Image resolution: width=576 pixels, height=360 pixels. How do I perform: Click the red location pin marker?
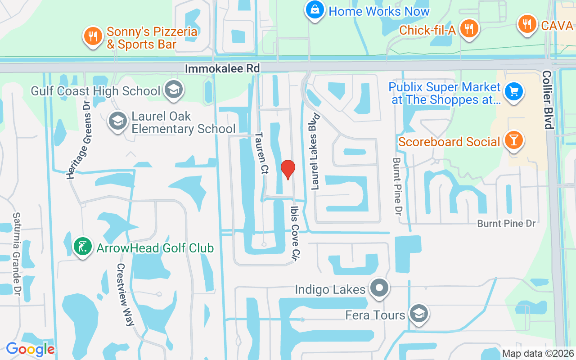click(288, 170)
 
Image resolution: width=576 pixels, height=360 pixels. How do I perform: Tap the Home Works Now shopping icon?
click(315, 10)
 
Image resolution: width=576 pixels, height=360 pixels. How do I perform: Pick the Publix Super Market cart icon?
click(513, 92)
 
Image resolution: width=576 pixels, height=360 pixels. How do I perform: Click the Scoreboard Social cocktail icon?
click(513, 140)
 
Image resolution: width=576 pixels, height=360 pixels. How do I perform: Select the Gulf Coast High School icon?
click(172, 90)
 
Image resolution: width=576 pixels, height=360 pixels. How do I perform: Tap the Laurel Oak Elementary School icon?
click(118, 121)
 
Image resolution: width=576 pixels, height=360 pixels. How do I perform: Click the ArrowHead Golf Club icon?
click(83, 247)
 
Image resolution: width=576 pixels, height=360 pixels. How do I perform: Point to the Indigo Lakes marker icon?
click(379, 288)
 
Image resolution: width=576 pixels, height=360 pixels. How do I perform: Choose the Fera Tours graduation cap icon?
click(419, 314)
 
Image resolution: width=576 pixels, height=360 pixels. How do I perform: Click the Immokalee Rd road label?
click(222, 68)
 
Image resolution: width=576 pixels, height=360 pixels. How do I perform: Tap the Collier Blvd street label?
click(548, 99)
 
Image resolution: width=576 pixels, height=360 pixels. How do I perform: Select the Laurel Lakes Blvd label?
click(315, 151)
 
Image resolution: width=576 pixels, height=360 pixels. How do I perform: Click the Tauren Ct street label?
click(261, 153)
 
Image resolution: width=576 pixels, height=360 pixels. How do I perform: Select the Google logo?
click(30, 349)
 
